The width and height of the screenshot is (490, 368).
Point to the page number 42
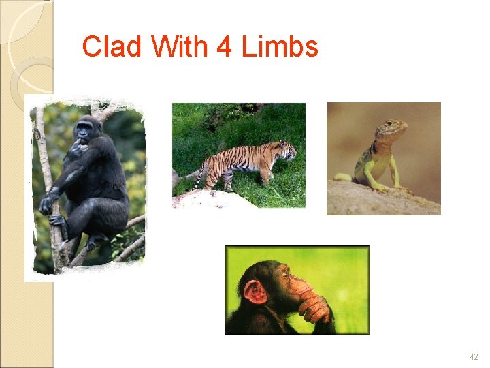pos(474,357)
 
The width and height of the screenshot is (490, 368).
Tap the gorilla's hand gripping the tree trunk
pos(47,203)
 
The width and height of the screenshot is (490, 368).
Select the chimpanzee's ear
pos(255,292)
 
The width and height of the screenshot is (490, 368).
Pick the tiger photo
pos(238,155)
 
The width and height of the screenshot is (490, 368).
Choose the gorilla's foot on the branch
pos(59,221)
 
